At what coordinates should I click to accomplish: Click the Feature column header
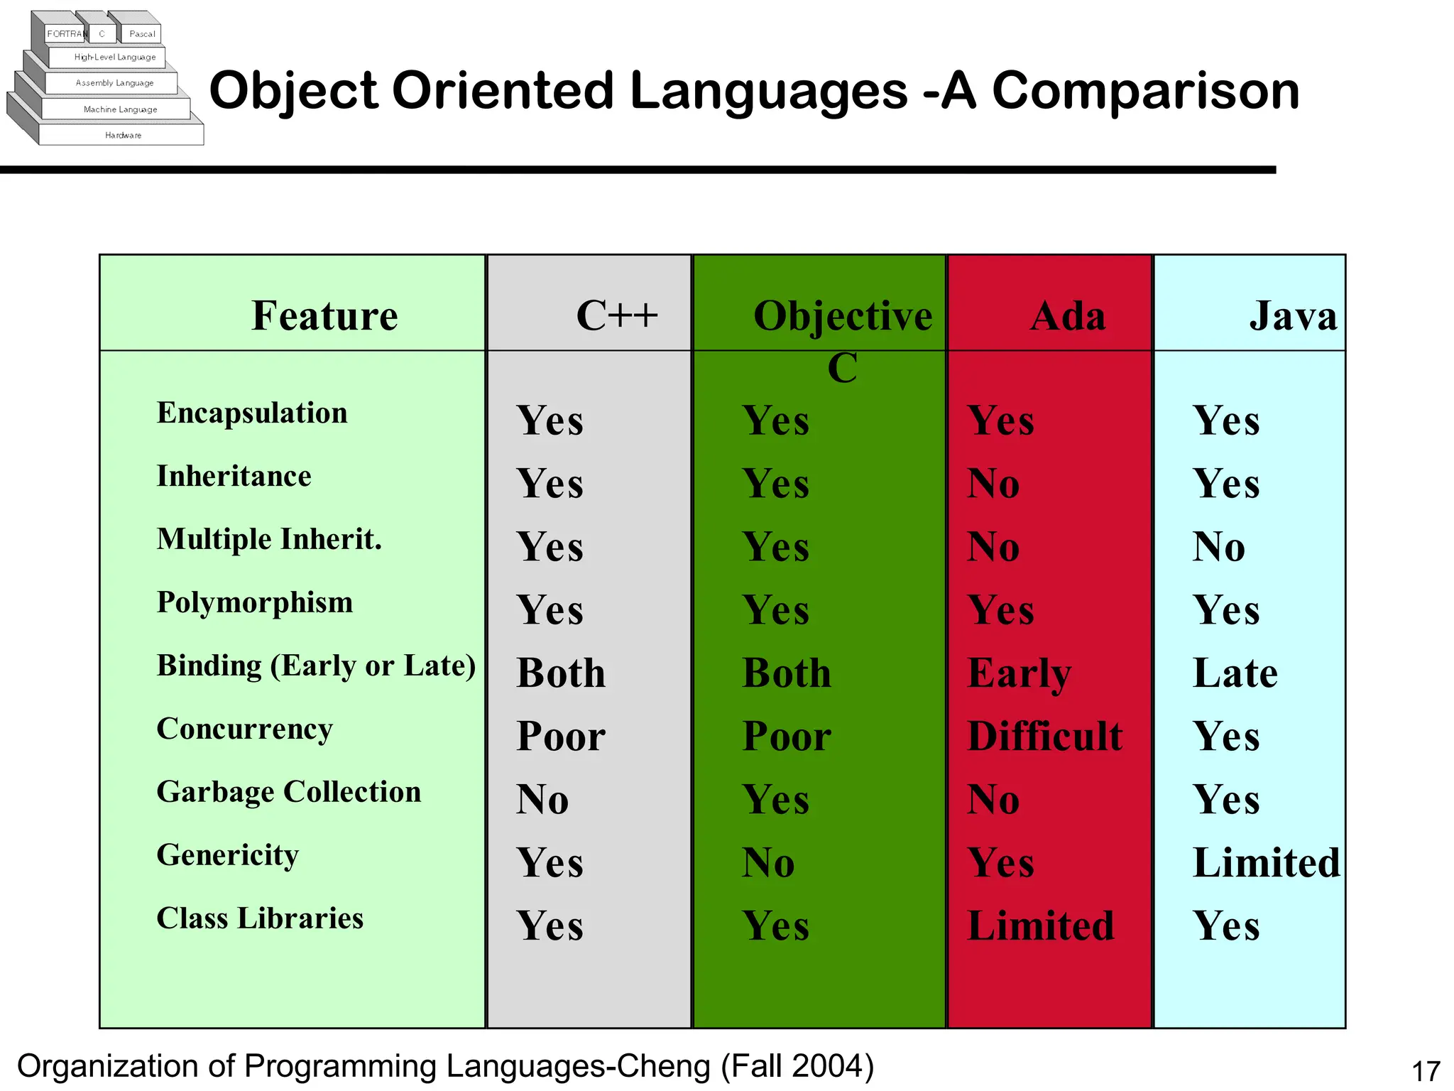coord(324,315)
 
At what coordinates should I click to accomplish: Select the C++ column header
coord(616,315)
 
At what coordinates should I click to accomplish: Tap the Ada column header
coord(1067,315)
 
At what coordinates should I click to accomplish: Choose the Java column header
coord(1292,315)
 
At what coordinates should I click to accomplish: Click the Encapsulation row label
coord(252,413)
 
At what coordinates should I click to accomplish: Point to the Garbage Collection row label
coord(288,792)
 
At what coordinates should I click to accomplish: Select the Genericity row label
coord(227,855)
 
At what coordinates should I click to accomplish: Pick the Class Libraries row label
coord(260,918)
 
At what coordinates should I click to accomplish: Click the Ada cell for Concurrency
coord(1044,736)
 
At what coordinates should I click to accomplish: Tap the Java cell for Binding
coord(1235,673)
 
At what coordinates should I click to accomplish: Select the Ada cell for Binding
coord(1019,673)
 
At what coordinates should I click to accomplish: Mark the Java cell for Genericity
coord(1266,863)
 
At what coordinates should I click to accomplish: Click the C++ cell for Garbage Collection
coord(542,800)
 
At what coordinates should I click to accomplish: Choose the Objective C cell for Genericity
coord(767,863)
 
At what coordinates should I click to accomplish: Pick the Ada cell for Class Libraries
coord(1040,926)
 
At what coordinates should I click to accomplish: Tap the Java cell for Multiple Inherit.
coord(1218,547)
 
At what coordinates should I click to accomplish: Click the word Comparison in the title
coord(1145,91)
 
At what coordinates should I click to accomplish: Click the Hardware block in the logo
coord(123,135)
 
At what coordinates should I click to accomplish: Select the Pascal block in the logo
coord(142,33)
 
